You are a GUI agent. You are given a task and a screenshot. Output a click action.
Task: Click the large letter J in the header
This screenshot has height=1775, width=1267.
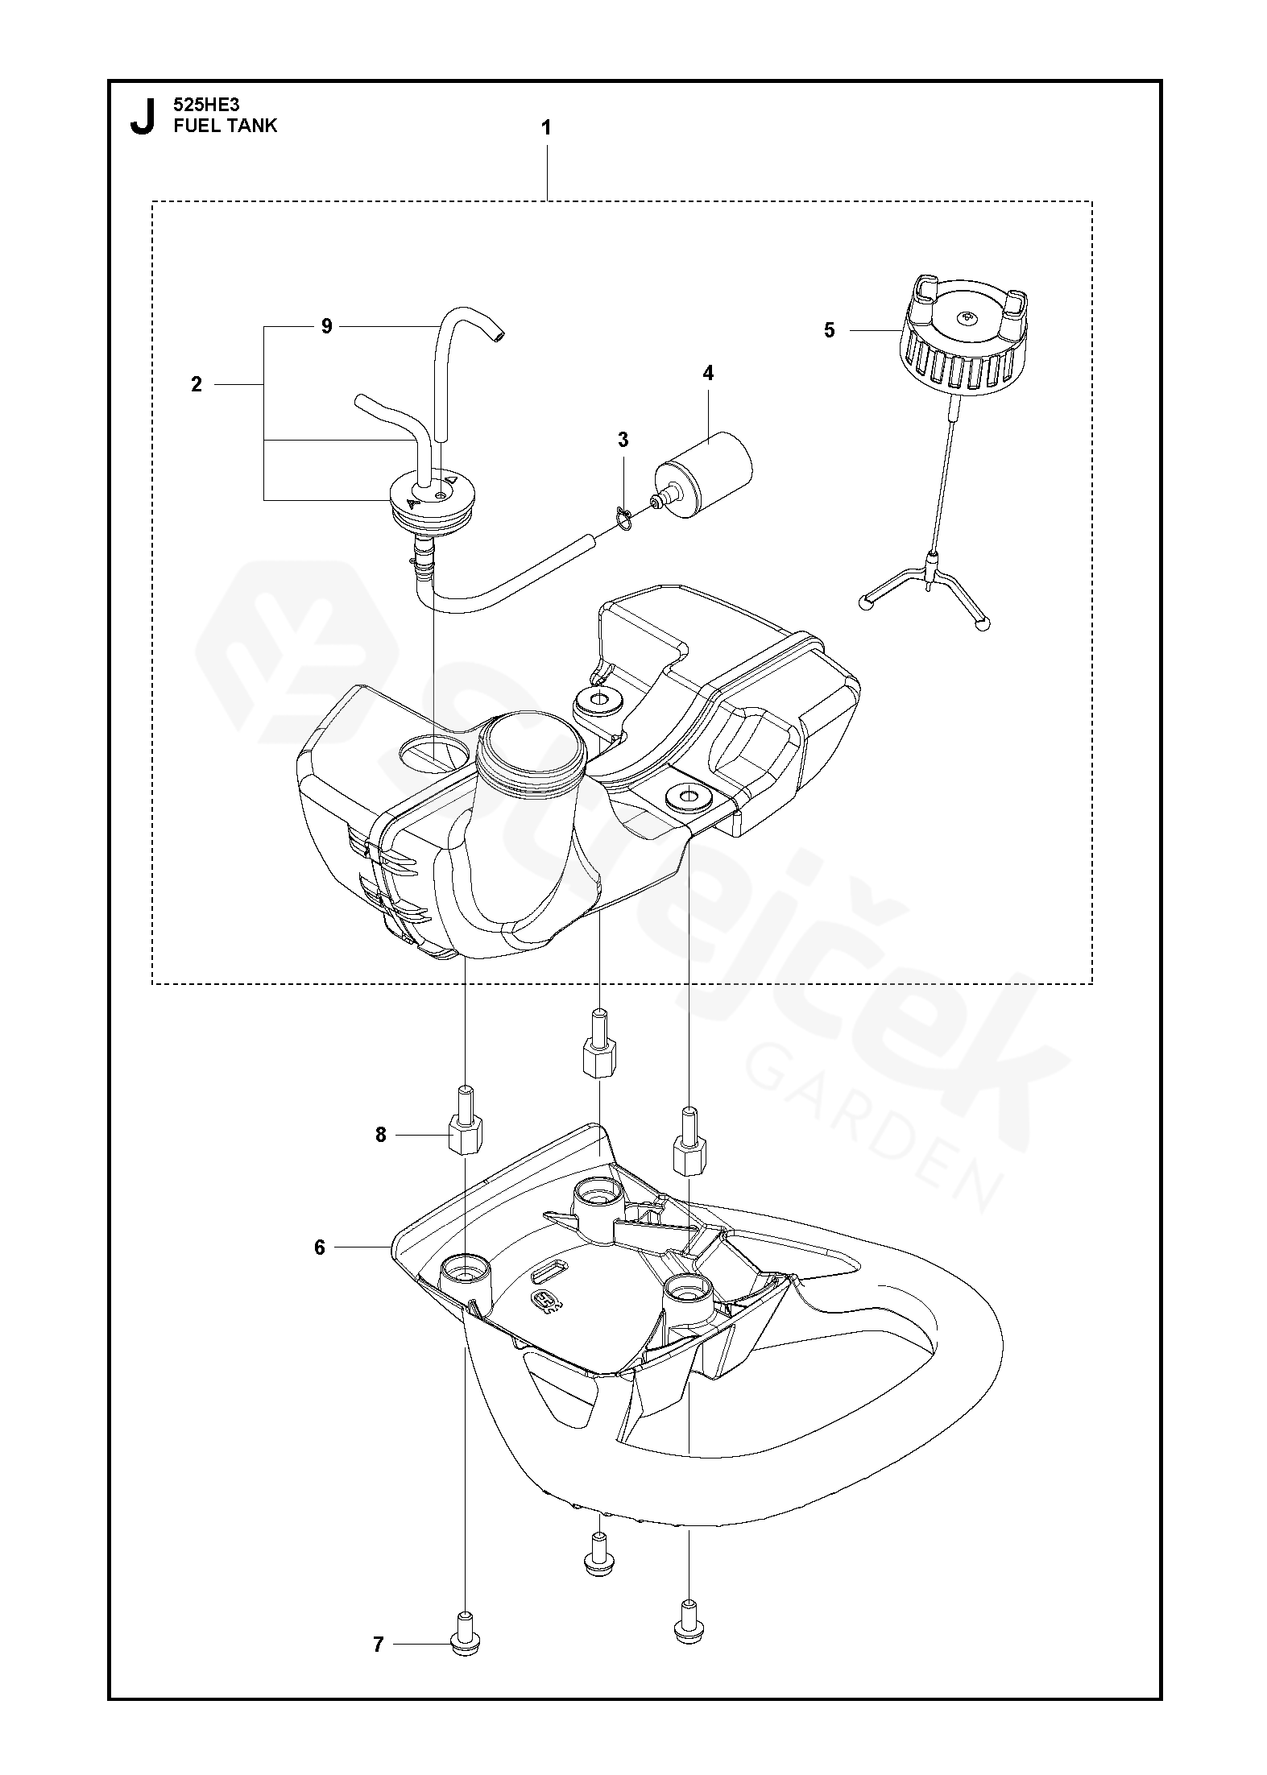tap(143, 117)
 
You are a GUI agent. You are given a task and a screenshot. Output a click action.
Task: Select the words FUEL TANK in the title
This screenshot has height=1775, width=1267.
tap(225, 126)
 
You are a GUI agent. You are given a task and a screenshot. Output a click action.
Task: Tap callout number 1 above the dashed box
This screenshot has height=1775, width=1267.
tap(546, 127)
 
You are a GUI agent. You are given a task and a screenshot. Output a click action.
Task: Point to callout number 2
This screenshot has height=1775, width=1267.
tap(197, 385)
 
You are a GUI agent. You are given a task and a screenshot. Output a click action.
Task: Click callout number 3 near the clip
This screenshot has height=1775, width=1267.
tap(623, 440)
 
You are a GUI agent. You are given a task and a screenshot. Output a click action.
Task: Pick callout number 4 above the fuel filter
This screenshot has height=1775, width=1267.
tap(708, 373)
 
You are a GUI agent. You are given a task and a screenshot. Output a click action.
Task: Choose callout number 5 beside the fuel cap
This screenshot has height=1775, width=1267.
tap(830, 330)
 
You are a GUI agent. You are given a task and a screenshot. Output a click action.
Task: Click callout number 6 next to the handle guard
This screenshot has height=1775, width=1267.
tap(320, 1247)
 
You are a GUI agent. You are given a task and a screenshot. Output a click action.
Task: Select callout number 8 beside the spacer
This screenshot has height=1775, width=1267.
tap(381, 1135)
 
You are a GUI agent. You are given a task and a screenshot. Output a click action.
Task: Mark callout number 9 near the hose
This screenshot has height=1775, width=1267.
tap(326, 326)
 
